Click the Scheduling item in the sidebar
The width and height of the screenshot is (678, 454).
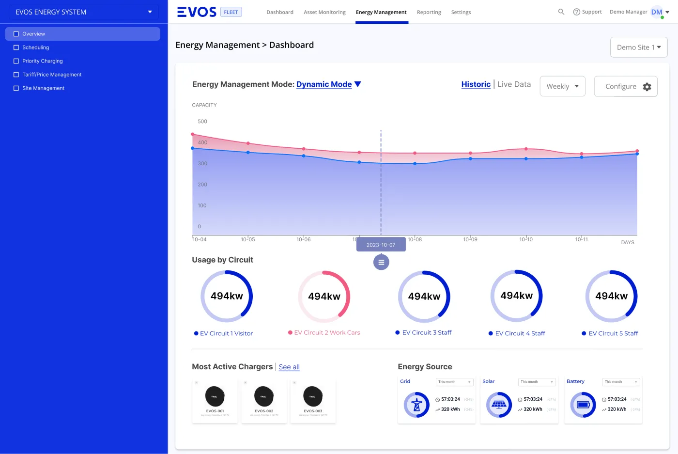click(35, 47)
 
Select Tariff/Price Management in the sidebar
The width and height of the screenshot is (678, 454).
click(52, 75)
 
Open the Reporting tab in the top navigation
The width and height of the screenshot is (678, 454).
click(429, 12)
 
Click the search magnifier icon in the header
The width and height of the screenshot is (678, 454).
click(561, 12)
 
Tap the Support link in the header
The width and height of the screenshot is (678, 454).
click(587, 12)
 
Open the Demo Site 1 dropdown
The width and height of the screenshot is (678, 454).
click(638, 47)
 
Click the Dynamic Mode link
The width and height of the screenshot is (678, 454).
click(324, 84)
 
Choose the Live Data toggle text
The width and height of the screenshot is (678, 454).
click(514, 84)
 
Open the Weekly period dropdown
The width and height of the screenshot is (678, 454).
click(562, 86)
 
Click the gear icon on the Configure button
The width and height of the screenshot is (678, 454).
click(647, 87)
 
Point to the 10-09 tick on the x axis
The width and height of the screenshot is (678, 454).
click(470, 239)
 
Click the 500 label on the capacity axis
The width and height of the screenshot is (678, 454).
click(202, 122)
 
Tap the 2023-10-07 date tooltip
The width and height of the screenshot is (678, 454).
click(381, 245)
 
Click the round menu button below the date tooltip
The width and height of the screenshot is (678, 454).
click(381, 262)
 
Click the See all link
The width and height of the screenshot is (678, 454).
click(289, 367)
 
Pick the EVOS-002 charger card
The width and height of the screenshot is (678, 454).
click(264, 401)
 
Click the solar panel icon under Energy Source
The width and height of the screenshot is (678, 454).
click(499, 405)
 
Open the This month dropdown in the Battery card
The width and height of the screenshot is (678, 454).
click(621, 382)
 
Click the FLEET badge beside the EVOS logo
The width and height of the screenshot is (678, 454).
click(231, 12)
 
